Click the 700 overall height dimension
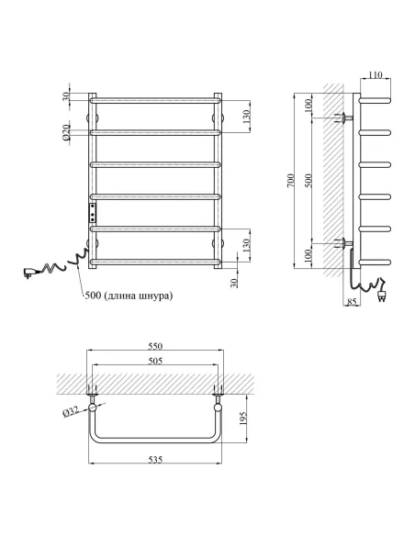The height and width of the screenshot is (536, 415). pyautogui.click(x=290, y=181)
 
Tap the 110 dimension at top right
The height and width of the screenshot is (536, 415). pyautogui.click(x=376, y=74)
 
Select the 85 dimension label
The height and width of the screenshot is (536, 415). pyautogui.click(x=352, y=302)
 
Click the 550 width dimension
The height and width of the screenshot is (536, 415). pyautogui.click(x=155, y=346)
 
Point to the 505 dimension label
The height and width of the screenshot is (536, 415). pyautogui.click(x=155, y=361)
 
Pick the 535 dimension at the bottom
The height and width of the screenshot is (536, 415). pyautogui.click(x=155, y=460)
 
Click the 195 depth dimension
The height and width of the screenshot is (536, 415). pyautogui.click(x=242, y=419)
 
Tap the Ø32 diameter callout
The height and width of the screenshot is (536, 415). pyautogui.click(x=71, y=411)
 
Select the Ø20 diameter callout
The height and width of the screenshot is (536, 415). pyautogui.click(x=66, y=132)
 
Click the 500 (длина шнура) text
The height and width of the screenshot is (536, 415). pyautogui.click(x=129, y=296)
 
